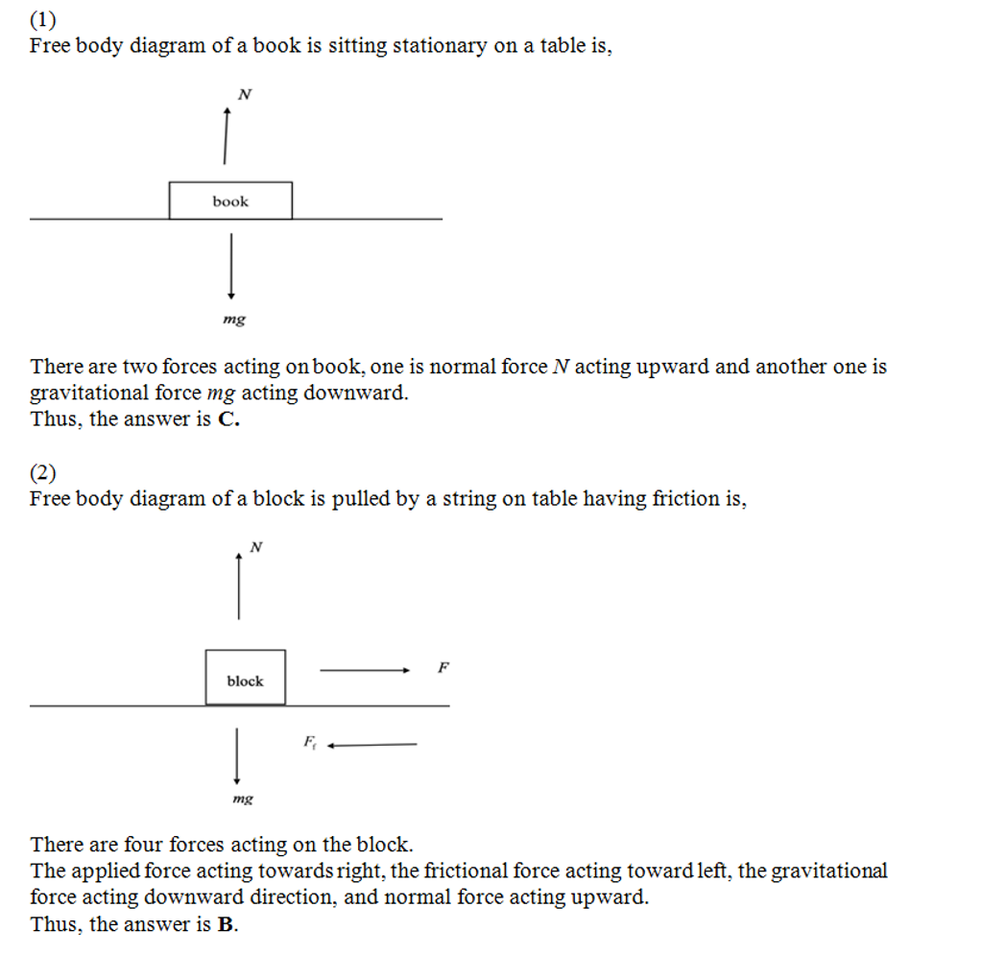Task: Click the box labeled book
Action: (230, 201)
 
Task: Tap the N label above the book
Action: (245, 94)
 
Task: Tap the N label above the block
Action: (255, 547)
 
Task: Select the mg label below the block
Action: (243, 798)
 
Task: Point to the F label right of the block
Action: (443, 667)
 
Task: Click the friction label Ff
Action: (309, 741)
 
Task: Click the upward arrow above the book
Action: (227, 135)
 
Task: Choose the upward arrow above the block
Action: (238, 585)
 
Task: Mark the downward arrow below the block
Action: (236, 756)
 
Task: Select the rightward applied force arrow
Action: (365, 671)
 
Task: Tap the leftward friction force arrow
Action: (372, 744)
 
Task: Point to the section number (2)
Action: (43, 472)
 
